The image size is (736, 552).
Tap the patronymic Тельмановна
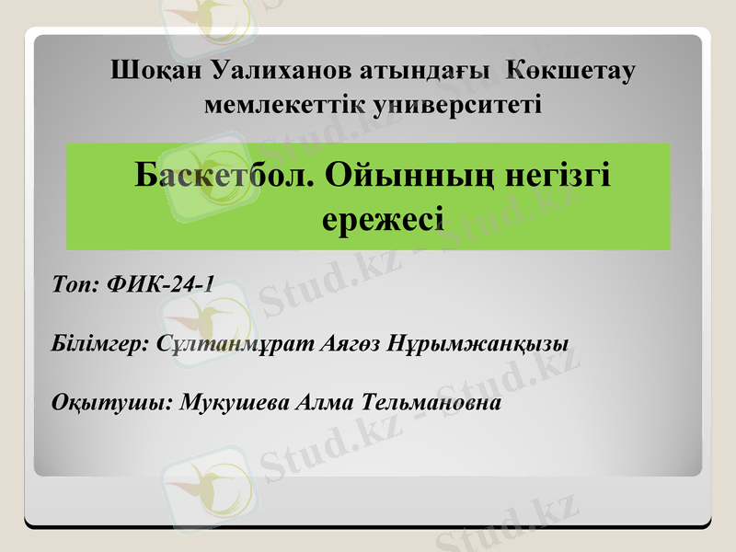click(x=432, y=404)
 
